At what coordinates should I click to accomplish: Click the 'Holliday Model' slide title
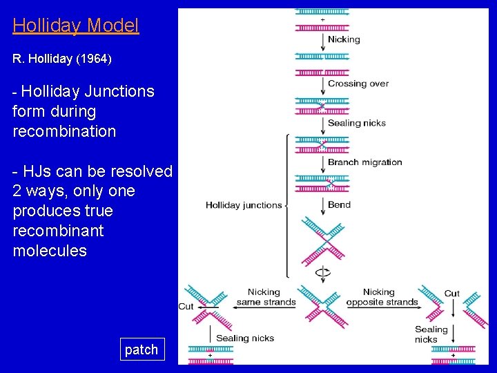[x=76, y=26]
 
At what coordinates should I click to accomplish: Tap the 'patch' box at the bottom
[x=142, y=350]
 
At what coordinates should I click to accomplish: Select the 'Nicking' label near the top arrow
[x=344, y=39]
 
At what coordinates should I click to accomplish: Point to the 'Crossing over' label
[x=358, y=84]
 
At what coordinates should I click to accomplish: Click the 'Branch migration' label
[x=365, y=162]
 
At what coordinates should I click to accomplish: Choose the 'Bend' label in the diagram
[x=340, y=204]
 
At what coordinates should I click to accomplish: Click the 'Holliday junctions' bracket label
[x=244, y=205]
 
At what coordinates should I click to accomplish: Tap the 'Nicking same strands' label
[x=266, y=297]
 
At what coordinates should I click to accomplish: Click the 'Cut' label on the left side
[x=186, y=306]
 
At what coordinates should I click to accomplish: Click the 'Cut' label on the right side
[x=452, y=294]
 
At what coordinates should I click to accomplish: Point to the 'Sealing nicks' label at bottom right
[x=431, y=334]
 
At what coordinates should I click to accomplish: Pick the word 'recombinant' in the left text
[x=58, y=231]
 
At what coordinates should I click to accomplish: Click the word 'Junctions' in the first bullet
[x=119, y=91]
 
